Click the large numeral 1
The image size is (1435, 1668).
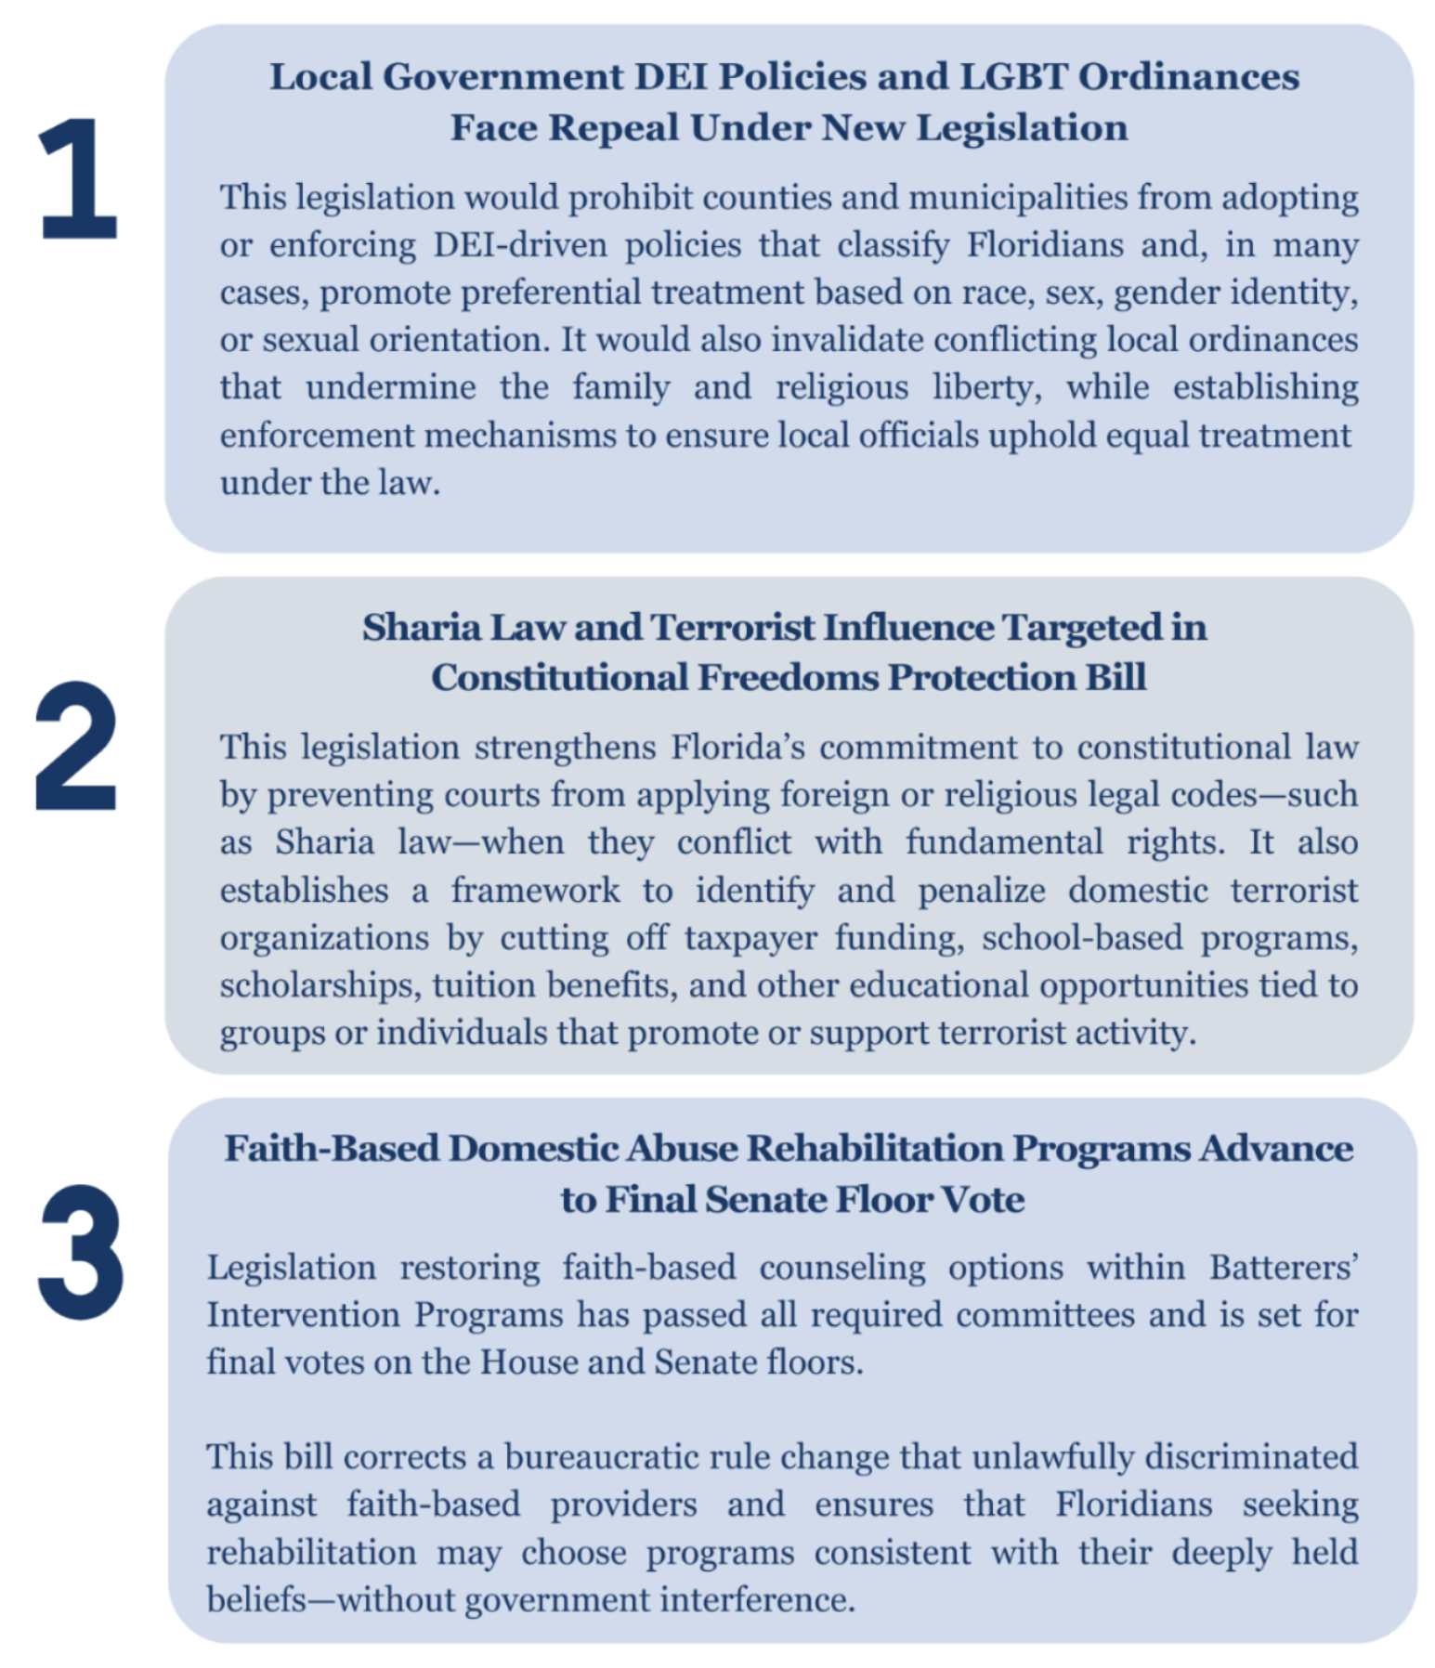tap(78, 178)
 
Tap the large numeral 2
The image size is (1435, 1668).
tap(76, 747)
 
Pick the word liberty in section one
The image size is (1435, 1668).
tap(986, 387)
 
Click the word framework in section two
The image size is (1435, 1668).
tap(535, 891)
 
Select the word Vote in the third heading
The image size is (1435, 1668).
tap(983, 1200)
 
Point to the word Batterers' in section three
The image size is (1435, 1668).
tap(1284, 1268)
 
